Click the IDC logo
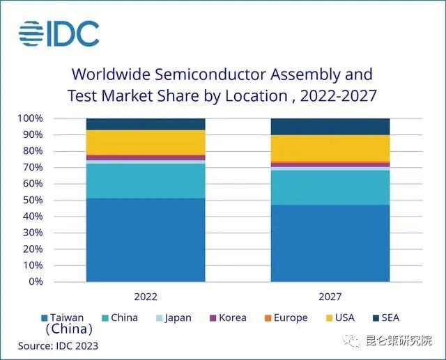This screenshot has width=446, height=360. [59, 33]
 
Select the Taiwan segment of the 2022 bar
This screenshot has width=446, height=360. [145, 240]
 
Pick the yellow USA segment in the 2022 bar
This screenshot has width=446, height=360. [145, 142]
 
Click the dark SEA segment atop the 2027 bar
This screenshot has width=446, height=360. [330, 126]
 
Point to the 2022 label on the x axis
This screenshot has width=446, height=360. [145, 297]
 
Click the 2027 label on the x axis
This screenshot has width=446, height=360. [330, 297]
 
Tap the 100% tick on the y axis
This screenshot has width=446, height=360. [31, 118]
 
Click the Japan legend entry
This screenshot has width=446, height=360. [174, 318]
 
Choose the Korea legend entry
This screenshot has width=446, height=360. [227, 318]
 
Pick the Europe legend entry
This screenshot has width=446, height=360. [286, 318]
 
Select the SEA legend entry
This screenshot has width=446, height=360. [385, 318]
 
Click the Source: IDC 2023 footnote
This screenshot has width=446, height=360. [58, 345]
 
